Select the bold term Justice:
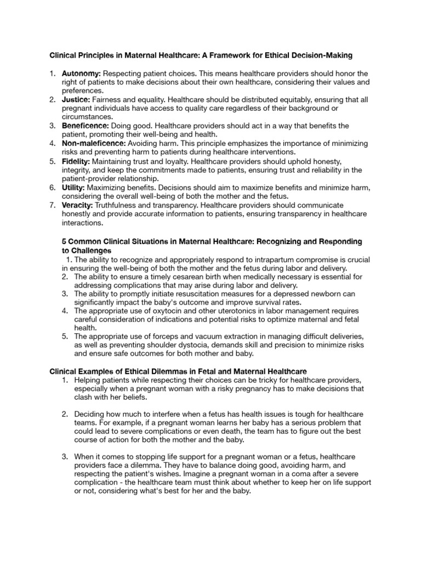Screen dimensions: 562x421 [76, 99]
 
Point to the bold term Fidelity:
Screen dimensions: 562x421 [76, 161]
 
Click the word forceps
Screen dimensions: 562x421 [166, 336]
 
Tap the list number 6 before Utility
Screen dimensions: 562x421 [52, 188]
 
